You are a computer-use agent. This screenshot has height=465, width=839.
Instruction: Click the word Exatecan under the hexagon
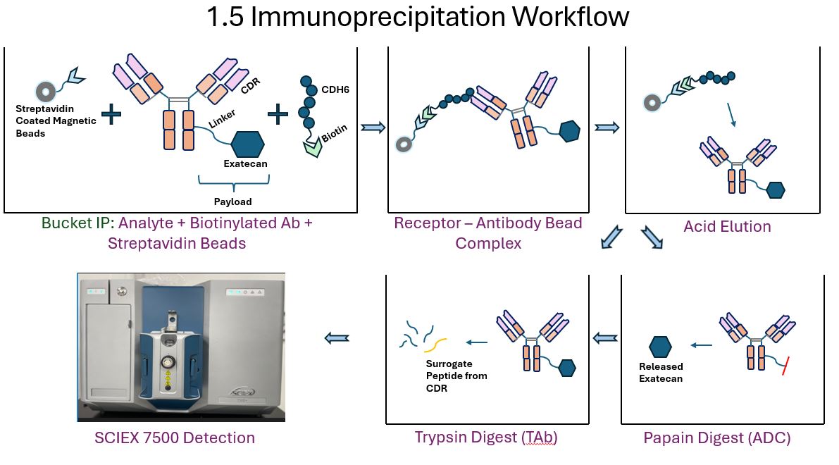tap(245, 163)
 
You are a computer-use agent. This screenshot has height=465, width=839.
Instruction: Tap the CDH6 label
tap(335, 90)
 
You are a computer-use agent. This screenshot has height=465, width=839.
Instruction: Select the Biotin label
tap(334, 133)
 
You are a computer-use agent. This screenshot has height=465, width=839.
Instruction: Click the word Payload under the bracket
tap(232, 201)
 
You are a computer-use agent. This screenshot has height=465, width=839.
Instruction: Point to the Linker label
tap(221, 119)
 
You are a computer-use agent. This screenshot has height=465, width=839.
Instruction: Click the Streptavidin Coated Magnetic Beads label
tap(56, 121)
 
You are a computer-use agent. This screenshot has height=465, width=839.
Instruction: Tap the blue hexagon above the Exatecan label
tap(248, 144)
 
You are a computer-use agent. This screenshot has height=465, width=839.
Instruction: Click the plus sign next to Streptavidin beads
tap(111, 114)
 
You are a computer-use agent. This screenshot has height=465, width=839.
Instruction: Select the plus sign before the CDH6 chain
tap(278, 114)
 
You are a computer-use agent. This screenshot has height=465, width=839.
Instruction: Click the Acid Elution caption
tap(727, 226)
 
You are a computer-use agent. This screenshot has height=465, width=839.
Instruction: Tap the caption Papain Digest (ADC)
tap(717, 438)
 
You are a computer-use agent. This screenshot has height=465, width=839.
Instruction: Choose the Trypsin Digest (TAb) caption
tap(486, 438)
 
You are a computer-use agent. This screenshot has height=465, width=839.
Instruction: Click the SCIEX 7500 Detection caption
tap(175, 438)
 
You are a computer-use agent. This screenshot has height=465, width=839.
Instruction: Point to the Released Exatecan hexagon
tap(660, 347)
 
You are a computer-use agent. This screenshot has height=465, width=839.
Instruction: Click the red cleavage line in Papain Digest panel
tap(785, 366)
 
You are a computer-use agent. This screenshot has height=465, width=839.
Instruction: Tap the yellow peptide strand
tap(435, 345)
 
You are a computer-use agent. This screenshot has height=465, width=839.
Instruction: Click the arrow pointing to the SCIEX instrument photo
tap(337, 338)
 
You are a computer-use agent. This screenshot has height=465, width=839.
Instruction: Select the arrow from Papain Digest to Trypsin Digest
tap(605, 338)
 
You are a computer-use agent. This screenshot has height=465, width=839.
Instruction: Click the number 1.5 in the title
tap(225, 17)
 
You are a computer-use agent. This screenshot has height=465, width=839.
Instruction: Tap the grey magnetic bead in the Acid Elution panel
tap(652, 102)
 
